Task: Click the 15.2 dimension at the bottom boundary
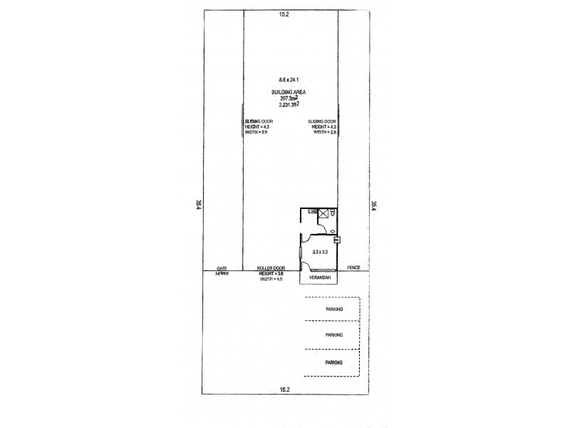pyautogui.click(x=284, y=389)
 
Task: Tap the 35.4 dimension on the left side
pyautogui.click(x=197, y=204)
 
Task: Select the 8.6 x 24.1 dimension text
pyautogui.click(x=289, y=79)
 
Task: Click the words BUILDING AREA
pyautogui.click(x=289, y=93)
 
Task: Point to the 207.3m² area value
pyautogui.click(x=289, y=98)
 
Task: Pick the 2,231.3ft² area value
pyautogui.click(x=289, y=105)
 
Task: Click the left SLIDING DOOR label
pyautogui.click(x=255, y=121)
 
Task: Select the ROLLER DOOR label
pyautogui.click(x=271, y=267)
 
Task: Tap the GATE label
pyautogui.click(x=222, y=267)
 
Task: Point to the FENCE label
pyautogui.click(x=353, y=267)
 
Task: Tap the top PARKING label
pyautogui.click(x=333, y=310)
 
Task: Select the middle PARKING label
pyautogui.click(x=333, y=335)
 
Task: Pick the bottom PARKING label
pyautogui.click(x=333, y=362)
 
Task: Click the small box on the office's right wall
pyautogui.click(x=337, y=240)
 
